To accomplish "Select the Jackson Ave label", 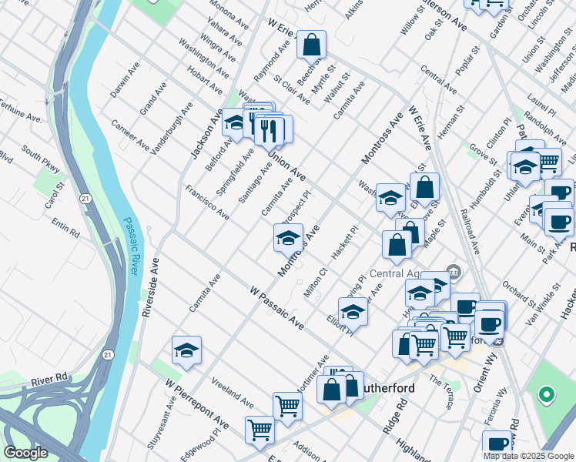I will click(202, 132).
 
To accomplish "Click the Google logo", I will click(25, 453).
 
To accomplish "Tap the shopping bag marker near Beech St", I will click(311, 46).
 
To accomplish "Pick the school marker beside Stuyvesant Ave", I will click(186, 350).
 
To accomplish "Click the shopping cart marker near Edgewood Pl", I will click(260, 430).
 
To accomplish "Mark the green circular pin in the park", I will click(546, 396).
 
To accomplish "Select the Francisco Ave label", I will click(206, 203).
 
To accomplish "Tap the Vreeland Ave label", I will click(232, 393).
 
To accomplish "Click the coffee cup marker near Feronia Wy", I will click(497, 445).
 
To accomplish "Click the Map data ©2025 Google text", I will click(528, 455).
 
